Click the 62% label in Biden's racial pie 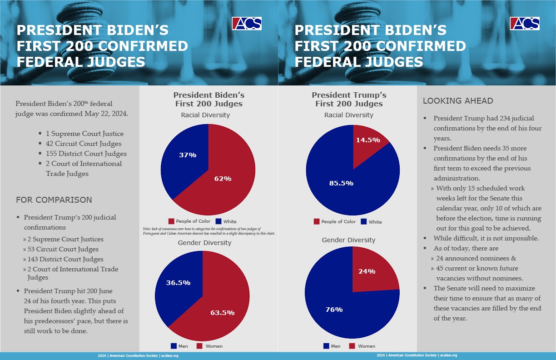coord(223,179)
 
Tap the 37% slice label coord(187,155)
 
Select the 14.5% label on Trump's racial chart coord(368,140)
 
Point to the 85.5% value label coord(342,183)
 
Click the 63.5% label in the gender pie coord(222,312)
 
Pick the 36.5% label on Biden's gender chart coord(178,282)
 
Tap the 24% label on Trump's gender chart coord(367,271)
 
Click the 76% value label coord(334,310)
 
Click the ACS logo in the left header coord(247,23)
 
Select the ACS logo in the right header coord(525,23)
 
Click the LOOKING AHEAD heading coord(458,101)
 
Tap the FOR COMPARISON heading coord(54,200)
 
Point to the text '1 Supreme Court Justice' coord(84,134)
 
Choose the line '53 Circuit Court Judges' coord(63,249)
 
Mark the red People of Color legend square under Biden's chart coord(171,221)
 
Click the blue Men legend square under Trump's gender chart coord(326,346)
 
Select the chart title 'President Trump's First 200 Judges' coord(349,100)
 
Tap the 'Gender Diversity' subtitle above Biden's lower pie coord(204,243)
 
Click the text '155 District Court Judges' coord(86,154)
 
